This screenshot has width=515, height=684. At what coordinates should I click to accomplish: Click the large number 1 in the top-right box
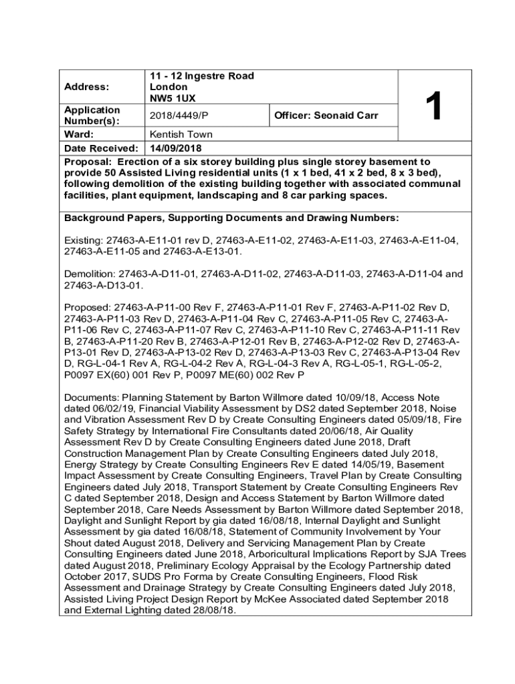pos(434,106)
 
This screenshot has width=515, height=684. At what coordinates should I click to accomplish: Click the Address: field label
pos(86,87)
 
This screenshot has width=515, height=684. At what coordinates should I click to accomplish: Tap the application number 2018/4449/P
pos(175,116)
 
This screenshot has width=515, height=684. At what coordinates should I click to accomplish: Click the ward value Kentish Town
pos(181,134)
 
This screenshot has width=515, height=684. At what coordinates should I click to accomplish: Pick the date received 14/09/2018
pos(175,148)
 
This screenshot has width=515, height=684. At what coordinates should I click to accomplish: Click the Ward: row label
pos(78,134)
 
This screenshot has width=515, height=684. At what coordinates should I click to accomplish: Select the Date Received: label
pos(101,148)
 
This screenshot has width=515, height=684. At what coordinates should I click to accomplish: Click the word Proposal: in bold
pos(87,162)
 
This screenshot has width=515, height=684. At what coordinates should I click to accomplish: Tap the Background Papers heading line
pos(231,218)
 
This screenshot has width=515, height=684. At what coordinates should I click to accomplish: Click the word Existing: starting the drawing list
pos(83,240)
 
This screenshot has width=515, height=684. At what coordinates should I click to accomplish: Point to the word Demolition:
pos(90,274)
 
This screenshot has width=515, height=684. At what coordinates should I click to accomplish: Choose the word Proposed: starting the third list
pos(88,307)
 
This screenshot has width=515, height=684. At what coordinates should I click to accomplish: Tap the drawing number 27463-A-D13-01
pos(102,285)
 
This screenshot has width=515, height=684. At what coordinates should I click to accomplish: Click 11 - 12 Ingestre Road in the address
pos(201,76)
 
